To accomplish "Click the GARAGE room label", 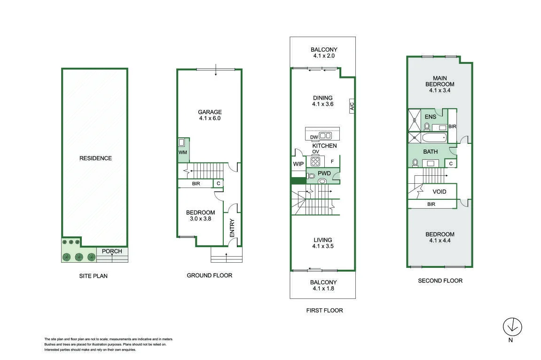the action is (x=210, y=112).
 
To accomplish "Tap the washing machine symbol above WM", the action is (x=181, y=142).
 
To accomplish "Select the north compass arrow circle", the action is (x=512, y=327).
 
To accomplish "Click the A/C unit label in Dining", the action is (x=352, y=106).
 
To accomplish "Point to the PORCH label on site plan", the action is (x=112, y=251).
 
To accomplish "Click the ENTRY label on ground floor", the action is (x=232, y=228).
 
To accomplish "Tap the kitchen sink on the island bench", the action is (x=325, y=136).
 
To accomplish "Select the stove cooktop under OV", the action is (x=315, y=161).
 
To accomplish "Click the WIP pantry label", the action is (x=298, y=164).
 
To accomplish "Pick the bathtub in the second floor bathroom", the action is (x=434, y=138).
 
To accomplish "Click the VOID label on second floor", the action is (x=439, y=192).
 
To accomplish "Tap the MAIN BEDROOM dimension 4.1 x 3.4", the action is (x=440, y=90).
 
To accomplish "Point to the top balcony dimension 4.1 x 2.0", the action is (x=324, y=56).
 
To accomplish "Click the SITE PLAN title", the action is (x=93, y=276).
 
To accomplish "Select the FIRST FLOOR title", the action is (x=325, y=310).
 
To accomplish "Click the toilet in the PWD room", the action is (x=311, y=176).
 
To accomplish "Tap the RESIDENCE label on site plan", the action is (x=95, y=158).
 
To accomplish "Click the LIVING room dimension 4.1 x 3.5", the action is (x=323, y=246).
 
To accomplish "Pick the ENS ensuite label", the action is (x=431, y=117).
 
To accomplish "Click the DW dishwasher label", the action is (x=314, y=137).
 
